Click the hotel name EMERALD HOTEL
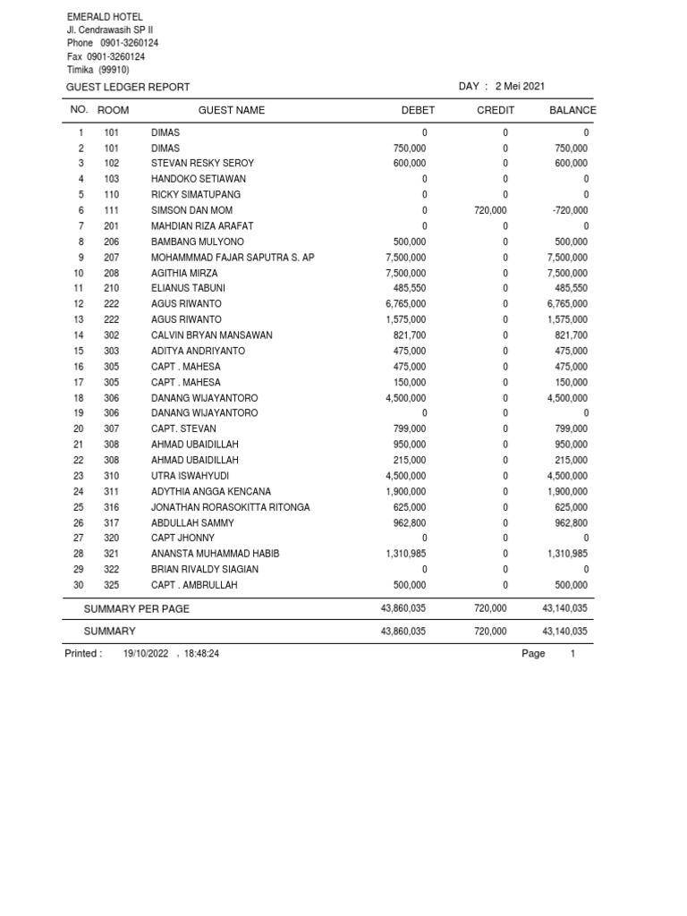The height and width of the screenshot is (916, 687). (105, 17)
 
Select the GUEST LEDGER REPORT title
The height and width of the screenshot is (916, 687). (128, 87)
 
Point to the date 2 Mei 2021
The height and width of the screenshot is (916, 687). (520, 86)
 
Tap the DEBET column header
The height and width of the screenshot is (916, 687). (418, 110)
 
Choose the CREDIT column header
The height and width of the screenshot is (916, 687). (496, 110)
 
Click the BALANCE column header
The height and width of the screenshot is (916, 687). (572, 110)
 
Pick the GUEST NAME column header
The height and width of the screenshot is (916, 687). (232, 110)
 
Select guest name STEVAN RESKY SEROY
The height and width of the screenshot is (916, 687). (202, 164)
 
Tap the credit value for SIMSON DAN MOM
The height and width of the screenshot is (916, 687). (489, 210)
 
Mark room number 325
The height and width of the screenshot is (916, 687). (112, 585)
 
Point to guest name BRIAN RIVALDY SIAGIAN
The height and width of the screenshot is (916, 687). (205, 569)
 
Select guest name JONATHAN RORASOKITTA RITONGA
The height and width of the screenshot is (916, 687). (231, 507)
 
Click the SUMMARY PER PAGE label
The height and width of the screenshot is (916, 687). (137, 608)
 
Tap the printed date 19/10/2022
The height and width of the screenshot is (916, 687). (146, 654)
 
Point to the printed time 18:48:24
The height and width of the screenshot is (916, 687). (201, 654)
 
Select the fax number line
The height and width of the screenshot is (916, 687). (106, 56)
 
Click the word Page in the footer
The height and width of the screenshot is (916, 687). (533, 654)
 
